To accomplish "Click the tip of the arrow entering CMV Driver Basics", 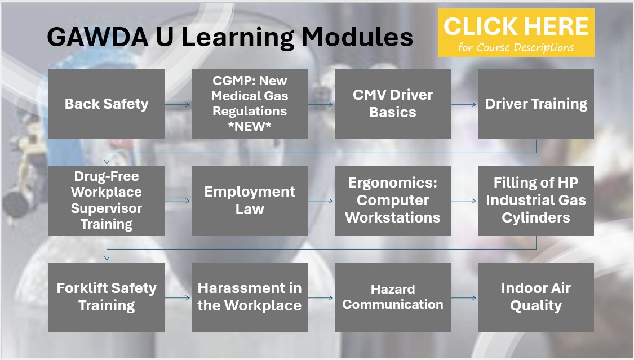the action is click(x=333, y=105).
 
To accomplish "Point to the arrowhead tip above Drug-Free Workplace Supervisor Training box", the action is click(x=107, y=164).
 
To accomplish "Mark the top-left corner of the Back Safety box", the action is click(x=48, y=69).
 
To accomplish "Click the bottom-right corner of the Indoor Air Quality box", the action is click(x=593, y=332).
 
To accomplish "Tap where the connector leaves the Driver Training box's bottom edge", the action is click(x=536, y=139).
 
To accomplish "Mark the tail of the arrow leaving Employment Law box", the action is click(x=308, y=201).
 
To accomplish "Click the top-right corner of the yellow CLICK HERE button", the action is click(x=595, y=9).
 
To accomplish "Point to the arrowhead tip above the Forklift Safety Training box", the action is click(x=107, y=261).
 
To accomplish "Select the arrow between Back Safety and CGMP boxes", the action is click(x=178, y=105).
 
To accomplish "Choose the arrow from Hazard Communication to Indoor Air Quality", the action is click(x=464, y=298).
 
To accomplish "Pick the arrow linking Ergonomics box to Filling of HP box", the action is click(x=464, y=201).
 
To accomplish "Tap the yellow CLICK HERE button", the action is click(x=516, y=33).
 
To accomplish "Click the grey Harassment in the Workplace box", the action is click(x=250, y=297).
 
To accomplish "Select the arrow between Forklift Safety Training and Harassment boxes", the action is click(x=178, y=298).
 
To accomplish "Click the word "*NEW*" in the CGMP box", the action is click(x=250, y=126).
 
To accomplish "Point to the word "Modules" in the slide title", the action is click(x=357, y=37).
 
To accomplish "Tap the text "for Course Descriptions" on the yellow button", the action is click(x=516, y=47).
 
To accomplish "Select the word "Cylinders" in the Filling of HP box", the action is click(x=536, y=218).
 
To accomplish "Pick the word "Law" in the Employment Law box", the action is click(x=250, y=209).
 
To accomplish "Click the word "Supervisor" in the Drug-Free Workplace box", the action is click(x=107, y=208).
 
